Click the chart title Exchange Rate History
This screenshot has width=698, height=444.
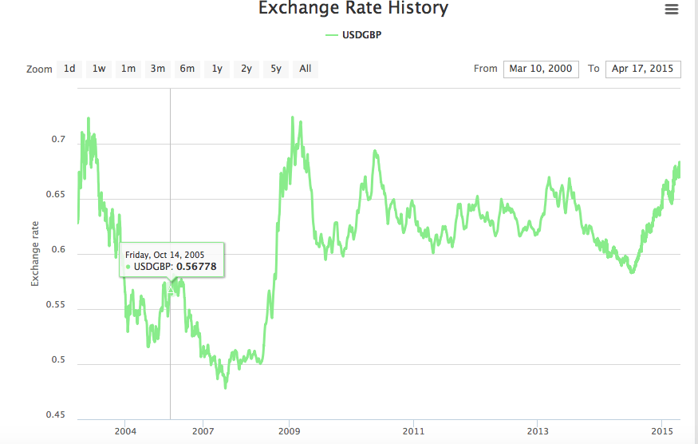pos(353,10)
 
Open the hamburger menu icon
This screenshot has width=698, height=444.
pos(671,10)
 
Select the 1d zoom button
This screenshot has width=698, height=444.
pos(69,69)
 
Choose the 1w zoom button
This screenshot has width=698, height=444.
pos(99,69)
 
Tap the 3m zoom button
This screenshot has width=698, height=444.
pos(158,69)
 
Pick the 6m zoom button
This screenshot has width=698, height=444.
pos(187,69)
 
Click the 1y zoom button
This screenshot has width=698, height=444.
pos(217,69)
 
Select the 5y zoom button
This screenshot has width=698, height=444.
pos(276,69)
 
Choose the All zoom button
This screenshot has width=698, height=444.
pos(306,69)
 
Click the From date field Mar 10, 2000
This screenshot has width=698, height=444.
pos(541,69)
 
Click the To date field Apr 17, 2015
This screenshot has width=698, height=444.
pos(643,69)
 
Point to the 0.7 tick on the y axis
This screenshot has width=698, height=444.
pos(58,140)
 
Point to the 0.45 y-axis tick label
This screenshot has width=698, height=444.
pos(55,414)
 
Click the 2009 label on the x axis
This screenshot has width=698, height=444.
pos(290,432)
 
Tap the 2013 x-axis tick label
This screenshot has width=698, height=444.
pos(538,432)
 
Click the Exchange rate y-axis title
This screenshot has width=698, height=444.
pos(35,253)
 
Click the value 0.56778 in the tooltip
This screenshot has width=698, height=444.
pos(196,266)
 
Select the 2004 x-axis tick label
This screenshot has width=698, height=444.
pos(125,432)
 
